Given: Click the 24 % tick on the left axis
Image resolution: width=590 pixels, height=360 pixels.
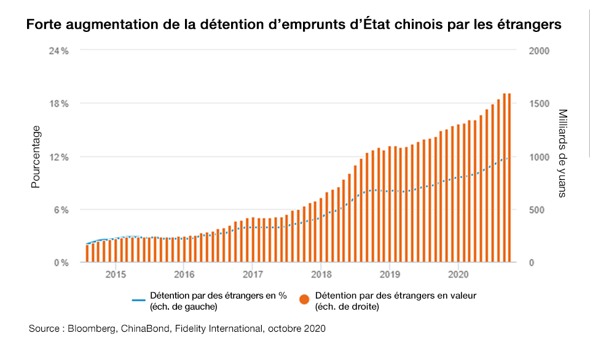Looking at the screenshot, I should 59,50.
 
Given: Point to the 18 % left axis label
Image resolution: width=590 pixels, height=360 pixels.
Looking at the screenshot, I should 59,103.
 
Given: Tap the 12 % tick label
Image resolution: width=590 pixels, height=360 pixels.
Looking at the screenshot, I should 59,157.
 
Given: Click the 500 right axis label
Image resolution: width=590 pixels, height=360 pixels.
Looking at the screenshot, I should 536,209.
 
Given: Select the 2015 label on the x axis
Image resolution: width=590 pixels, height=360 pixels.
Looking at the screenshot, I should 116,273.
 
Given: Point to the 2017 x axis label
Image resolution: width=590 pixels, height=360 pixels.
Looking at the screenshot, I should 253,273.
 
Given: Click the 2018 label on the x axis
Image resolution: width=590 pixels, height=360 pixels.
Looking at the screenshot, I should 321,273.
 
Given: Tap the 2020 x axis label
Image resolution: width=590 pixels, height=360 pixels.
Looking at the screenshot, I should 458,273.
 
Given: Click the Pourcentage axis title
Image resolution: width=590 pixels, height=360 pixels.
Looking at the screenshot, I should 36,157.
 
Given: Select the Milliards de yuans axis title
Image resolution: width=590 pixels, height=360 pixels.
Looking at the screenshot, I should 564,154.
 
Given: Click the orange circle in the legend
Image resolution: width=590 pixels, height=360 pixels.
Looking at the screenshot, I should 304,300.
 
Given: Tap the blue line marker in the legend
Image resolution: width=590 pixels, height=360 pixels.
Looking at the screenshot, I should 138,300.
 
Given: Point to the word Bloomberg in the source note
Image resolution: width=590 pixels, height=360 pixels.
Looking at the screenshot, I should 90,329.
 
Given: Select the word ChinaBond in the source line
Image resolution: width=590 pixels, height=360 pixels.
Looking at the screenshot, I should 140,329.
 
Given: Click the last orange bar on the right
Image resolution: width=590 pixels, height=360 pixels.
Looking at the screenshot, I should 509,178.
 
